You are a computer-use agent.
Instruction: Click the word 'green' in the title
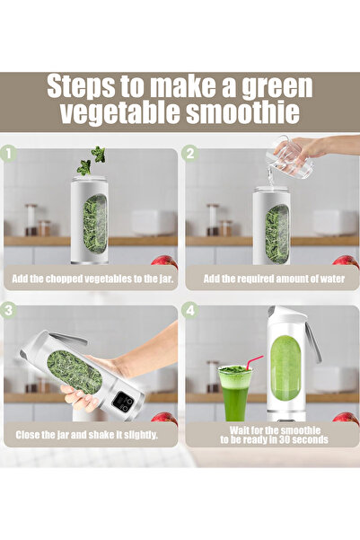[x=268, y=87]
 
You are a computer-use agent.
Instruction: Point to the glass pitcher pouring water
[x=292, y=157]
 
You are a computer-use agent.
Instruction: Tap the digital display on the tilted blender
[x=123, y=402]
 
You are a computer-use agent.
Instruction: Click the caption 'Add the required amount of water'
[x=271, y=279]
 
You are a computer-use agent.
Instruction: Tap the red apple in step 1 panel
[x=164, y=262]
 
